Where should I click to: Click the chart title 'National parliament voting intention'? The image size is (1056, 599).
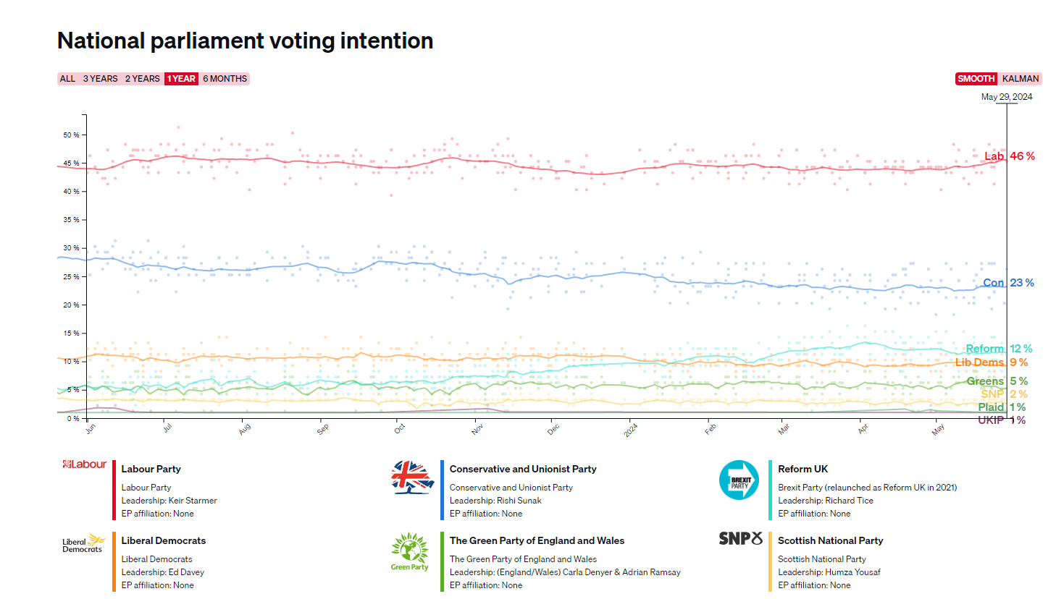tap(245, 41)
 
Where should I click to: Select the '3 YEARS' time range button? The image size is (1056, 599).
tap(100, 79)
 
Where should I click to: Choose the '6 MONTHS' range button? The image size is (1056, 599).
tap(225, 79)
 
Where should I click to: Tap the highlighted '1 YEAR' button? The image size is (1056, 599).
tap(181, 79)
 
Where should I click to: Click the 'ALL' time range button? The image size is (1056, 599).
tap(67, 79)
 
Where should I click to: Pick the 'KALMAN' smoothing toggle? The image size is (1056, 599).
tap(1020, 79)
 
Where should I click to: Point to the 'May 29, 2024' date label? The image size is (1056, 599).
tap(1006, 97)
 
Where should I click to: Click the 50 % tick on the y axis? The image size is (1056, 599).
tap(71, 135)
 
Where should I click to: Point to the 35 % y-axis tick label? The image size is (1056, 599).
tap(71, 220)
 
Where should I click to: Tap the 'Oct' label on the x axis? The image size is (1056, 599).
tap(400, 429)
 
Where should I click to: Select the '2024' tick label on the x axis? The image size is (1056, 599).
tap(631, 430)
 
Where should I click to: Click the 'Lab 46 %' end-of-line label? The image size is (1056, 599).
tap(1009, 156)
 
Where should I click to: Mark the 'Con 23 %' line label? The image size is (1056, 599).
tap(1008, 283)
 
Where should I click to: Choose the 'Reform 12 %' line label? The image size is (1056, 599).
tap(999, 349)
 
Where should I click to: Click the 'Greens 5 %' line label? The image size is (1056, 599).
tap(997, 381)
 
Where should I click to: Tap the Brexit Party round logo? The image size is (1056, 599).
tap(739, 480)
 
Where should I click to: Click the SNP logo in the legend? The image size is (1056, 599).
tap(740, 539)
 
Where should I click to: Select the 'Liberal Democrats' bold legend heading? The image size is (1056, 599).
tap(163, 540)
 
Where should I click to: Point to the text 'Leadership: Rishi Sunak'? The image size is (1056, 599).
tap(495, 501)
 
